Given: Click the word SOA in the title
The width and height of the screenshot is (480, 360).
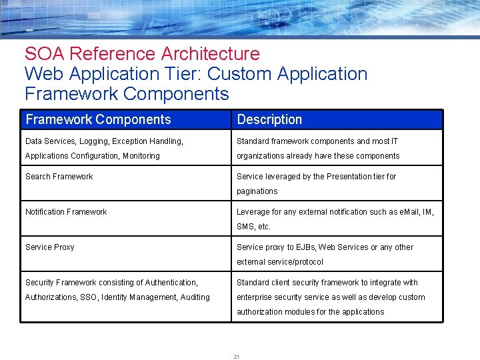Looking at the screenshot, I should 45,53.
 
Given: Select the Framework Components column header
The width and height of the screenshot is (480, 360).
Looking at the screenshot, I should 98,119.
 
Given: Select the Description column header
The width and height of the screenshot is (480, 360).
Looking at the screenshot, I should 269,119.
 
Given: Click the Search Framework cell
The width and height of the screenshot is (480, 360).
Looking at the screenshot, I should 59,177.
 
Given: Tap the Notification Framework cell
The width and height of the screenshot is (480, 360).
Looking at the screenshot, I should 66,212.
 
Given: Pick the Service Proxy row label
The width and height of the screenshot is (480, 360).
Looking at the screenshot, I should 50,247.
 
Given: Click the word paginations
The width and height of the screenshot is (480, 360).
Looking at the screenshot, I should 257,191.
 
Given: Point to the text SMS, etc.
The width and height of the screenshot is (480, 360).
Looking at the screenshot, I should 254,227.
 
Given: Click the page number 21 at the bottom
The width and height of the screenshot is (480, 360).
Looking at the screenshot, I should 237,357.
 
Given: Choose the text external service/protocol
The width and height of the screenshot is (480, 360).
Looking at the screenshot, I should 280,262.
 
